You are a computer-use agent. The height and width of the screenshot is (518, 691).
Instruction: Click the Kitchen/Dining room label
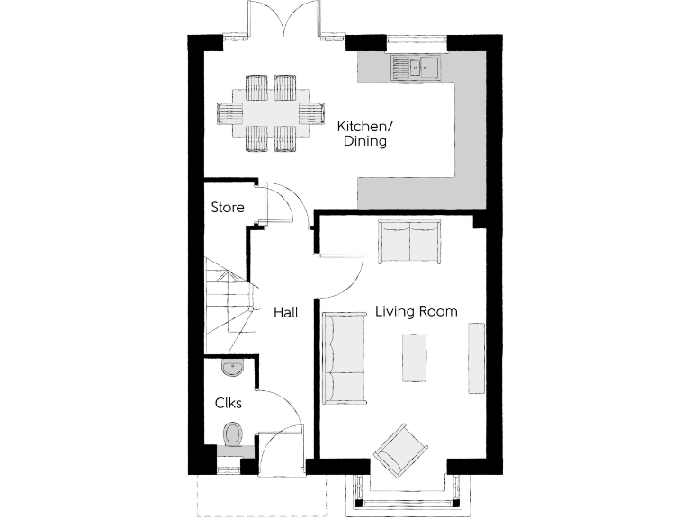click(363, 134)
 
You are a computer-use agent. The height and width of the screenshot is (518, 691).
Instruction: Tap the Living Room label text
click(416, 312)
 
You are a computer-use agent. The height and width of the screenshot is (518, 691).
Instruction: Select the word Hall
click(286, 312)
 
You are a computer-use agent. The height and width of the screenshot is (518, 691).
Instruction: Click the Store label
click(227, 208)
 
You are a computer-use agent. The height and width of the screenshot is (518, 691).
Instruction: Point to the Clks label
click(228, 403)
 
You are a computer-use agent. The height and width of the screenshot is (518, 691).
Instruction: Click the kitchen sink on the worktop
click(414, 66)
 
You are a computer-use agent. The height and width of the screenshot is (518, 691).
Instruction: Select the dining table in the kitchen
click(271, 113)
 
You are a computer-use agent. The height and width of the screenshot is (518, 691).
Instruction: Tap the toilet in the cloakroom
click(233, 435)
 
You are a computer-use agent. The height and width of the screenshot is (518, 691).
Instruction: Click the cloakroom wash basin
click(231, 366)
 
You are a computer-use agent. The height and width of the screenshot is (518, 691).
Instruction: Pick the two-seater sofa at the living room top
click(409, 240)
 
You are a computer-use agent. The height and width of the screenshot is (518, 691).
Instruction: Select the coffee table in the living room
click(413, 357)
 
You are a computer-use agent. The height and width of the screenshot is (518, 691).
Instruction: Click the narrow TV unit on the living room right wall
click(475, 357)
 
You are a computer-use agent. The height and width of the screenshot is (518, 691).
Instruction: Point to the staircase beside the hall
click(229, 306)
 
